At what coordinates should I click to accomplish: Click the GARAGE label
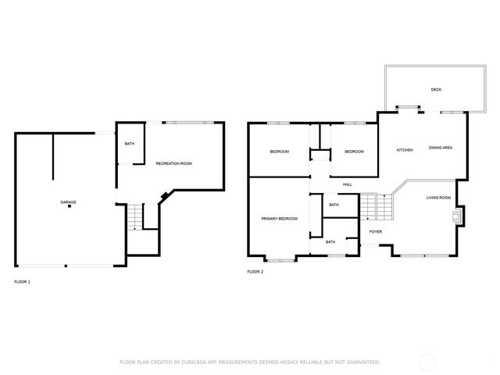[69, 202]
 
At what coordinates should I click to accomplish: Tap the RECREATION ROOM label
[173, 163]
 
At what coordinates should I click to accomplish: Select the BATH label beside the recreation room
[129, 144]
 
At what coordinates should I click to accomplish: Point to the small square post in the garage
[69, 208]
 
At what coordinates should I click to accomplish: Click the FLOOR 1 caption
[22, 280]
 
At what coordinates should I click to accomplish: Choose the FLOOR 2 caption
[255, 271]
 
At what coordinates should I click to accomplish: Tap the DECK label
[436, 90]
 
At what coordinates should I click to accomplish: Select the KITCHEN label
[405, 150]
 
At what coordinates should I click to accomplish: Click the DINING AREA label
[441, 148]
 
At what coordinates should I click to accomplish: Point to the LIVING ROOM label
[438, 198]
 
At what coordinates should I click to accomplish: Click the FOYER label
[376, 231]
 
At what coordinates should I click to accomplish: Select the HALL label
[347, 184]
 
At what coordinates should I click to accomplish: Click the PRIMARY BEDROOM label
[279, 219]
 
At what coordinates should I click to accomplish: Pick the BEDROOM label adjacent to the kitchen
[354, 151]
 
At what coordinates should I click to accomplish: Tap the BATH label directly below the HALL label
[334, 205]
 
